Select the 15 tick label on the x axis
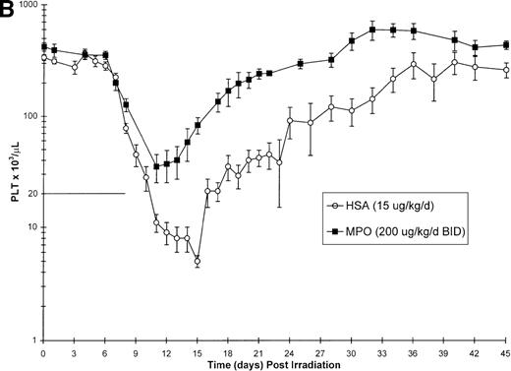pyautogui.click(x=197, y=351)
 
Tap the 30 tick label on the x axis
pyautogui.click(x=351, y=351)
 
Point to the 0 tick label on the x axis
pyautogui.click(x=43, y=351)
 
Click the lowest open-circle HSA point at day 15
pyautogui.click(x=198, y=262)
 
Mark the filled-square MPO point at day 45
pyautogui.click(x=505, y=44)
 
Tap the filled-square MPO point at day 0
pyautogui.click(x=43, y=46)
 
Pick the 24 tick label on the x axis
pyautogui.click(x=289, y=351)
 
